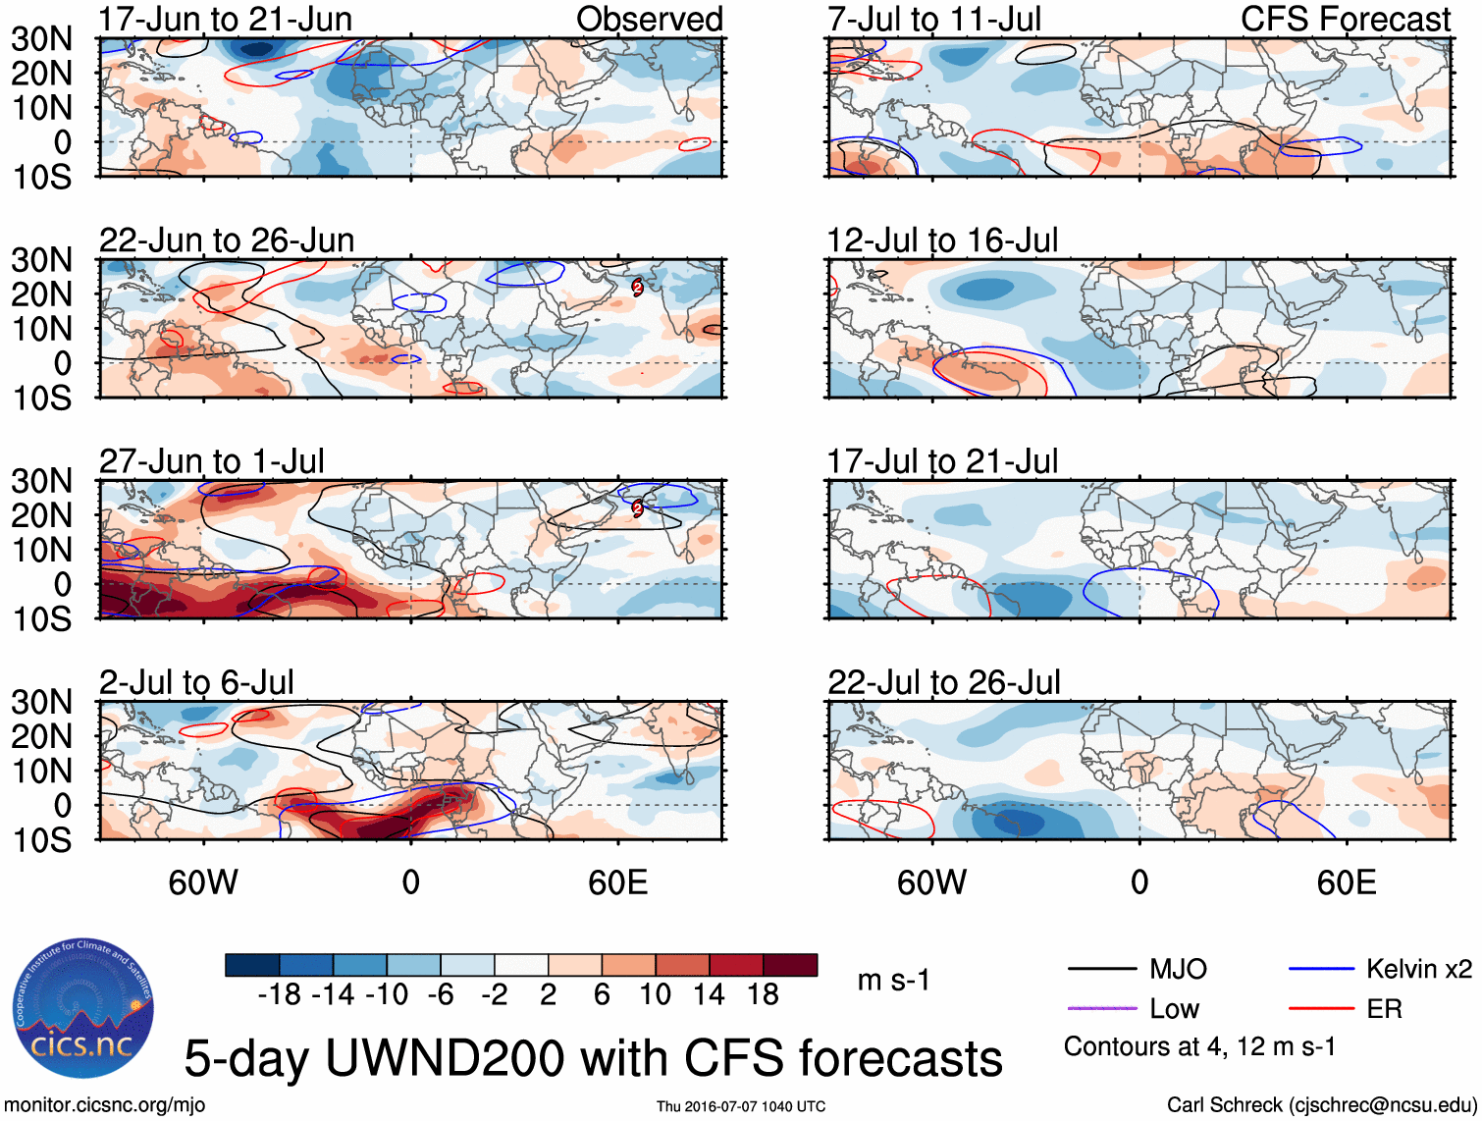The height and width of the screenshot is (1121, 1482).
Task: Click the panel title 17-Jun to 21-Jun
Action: [x=226, y=20]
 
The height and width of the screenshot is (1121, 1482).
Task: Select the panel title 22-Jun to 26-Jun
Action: [x=227, y=240]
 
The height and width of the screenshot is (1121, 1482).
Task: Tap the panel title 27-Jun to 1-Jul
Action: [x=212, y=461]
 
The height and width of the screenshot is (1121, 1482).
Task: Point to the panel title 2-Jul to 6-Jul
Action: [x=196, y=682]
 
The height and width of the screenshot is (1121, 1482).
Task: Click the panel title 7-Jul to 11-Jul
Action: [x=934, y=20]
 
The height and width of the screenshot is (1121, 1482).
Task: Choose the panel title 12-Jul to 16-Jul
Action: [x=942, y=240]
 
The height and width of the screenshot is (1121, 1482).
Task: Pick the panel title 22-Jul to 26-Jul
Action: [x=944, y=682]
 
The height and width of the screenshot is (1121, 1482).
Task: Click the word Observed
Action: [x=650, y=20]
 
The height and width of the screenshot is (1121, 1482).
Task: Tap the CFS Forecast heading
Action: [x=1346, y=20]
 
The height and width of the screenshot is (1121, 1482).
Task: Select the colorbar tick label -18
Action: [x=280, y=994]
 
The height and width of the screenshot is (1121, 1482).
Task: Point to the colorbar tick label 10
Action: [x=655, y=994]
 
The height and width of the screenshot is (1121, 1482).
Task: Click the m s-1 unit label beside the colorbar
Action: [x=893, y=980]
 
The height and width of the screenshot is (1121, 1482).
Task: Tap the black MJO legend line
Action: [x=1102, y=970]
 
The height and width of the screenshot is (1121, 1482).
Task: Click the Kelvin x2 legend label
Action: [x=1419, y=970]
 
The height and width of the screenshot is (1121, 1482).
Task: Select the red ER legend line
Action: [x=1321, y=1008]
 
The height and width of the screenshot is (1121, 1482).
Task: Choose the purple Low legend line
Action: [x=1102, y=1008]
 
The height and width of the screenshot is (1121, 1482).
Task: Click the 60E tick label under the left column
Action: [x=617, y=882]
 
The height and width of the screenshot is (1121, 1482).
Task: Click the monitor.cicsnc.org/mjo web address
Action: [x=105, y=1105]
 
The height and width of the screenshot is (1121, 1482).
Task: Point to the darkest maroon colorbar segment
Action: [x=790, y=965]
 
